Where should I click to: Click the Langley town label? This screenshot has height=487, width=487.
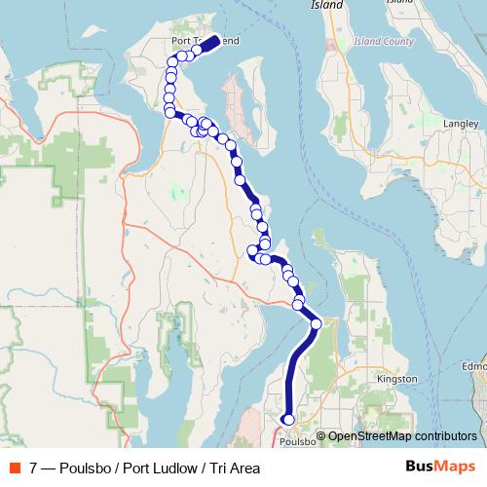pos(459,125)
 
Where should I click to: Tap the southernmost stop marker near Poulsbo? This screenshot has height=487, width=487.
pos(287,420)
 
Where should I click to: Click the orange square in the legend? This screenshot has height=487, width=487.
pos(14,468)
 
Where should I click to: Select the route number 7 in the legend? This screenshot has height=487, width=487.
pos(34,468)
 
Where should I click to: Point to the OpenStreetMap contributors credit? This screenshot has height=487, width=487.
pos(400,436)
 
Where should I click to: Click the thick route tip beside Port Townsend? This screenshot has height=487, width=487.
pos(211,44)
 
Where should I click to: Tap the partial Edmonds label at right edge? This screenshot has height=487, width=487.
pos(475,365)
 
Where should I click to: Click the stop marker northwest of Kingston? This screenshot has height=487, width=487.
pos(316,323)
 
